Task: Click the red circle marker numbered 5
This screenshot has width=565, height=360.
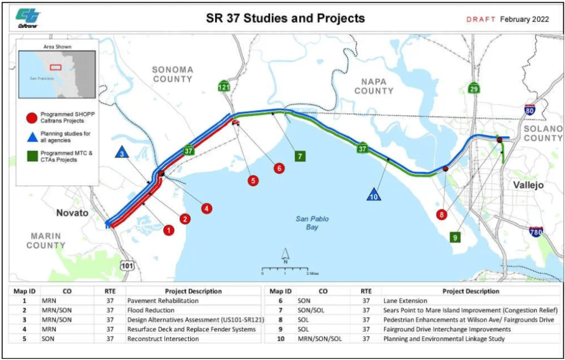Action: point(253,180)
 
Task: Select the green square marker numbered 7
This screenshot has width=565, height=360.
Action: point(300,156)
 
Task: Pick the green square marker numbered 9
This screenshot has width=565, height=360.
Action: point(455,237)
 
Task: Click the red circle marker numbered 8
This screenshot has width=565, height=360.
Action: point(441,214)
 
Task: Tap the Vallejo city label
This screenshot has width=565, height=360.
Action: point(528,185)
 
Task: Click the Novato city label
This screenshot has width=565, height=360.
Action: point(72,213)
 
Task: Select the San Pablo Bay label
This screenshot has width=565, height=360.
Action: point(312,223)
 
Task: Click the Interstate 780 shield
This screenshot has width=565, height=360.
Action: point(535,231)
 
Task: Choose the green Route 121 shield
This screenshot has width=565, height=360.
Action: point(223,87)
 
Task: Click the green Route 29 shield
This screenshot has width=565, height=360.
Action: point(474,88)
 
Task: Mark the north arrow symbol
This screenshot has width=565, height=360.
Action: point(285,255)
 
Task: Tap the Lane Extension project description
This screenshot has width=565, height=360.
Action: point(405,301)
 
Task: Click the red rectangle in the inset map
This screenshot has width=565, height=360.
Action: point(55,67)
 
